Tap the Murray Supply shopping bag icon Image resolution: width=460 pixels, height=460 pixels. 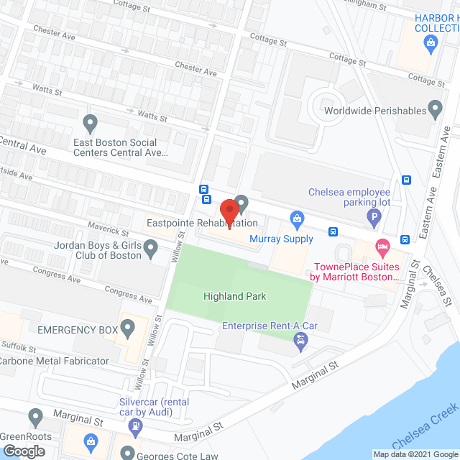tap(295, 218)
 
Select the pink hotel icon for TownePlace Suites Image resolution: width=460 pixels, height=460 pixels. tap(382, 247)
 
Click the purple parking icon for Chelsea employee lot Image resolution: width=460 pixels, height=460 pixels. tap(372, 216)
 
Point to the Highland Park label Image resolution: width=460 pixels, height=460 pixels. tap(234, 296)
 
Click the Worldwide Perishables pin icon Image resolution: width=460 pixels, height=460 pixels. tap(434, 109)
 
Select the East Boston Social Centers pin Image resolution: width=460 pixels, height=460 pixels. tap(90, 124)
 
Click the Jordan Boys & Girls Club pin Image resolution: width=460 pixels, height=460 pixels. tap(150, 249)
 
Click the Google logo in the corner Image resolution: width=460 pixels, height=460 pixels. tap(23, 451)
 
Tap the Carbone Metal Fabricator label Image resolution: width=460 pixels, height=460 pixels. tap(55, 361)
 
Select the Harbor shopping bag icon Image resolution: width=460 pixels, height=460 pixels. tap(430, 42)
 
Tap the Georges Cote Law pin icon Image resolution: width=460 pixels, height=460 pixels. tap(127, 454)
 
